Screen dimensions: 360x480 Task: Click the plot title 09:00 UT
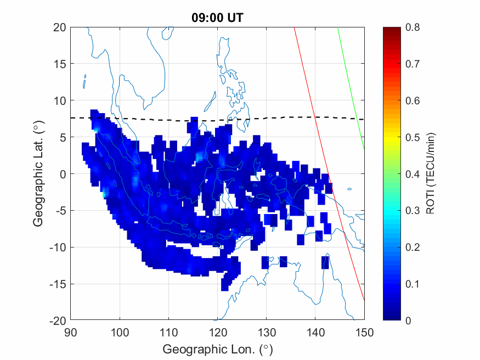tap(217, 18)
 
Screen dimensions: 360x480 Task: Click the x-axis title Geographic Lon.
tap(217, 349)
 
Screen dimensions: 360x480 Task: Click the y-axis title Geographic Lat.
tap(38, 175)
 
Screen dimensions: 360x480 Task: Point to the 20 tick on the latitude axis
tap(60, 27)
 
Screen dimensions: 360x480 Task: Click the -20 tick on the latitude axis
tap(58, 320)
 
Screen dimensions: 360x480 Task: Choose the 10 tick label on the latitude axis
tap(60, 100)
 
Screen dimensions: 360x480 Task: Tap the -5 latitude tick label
tap(59, 211)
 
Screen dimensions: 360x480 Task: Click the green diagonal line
tap(351, 88)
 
